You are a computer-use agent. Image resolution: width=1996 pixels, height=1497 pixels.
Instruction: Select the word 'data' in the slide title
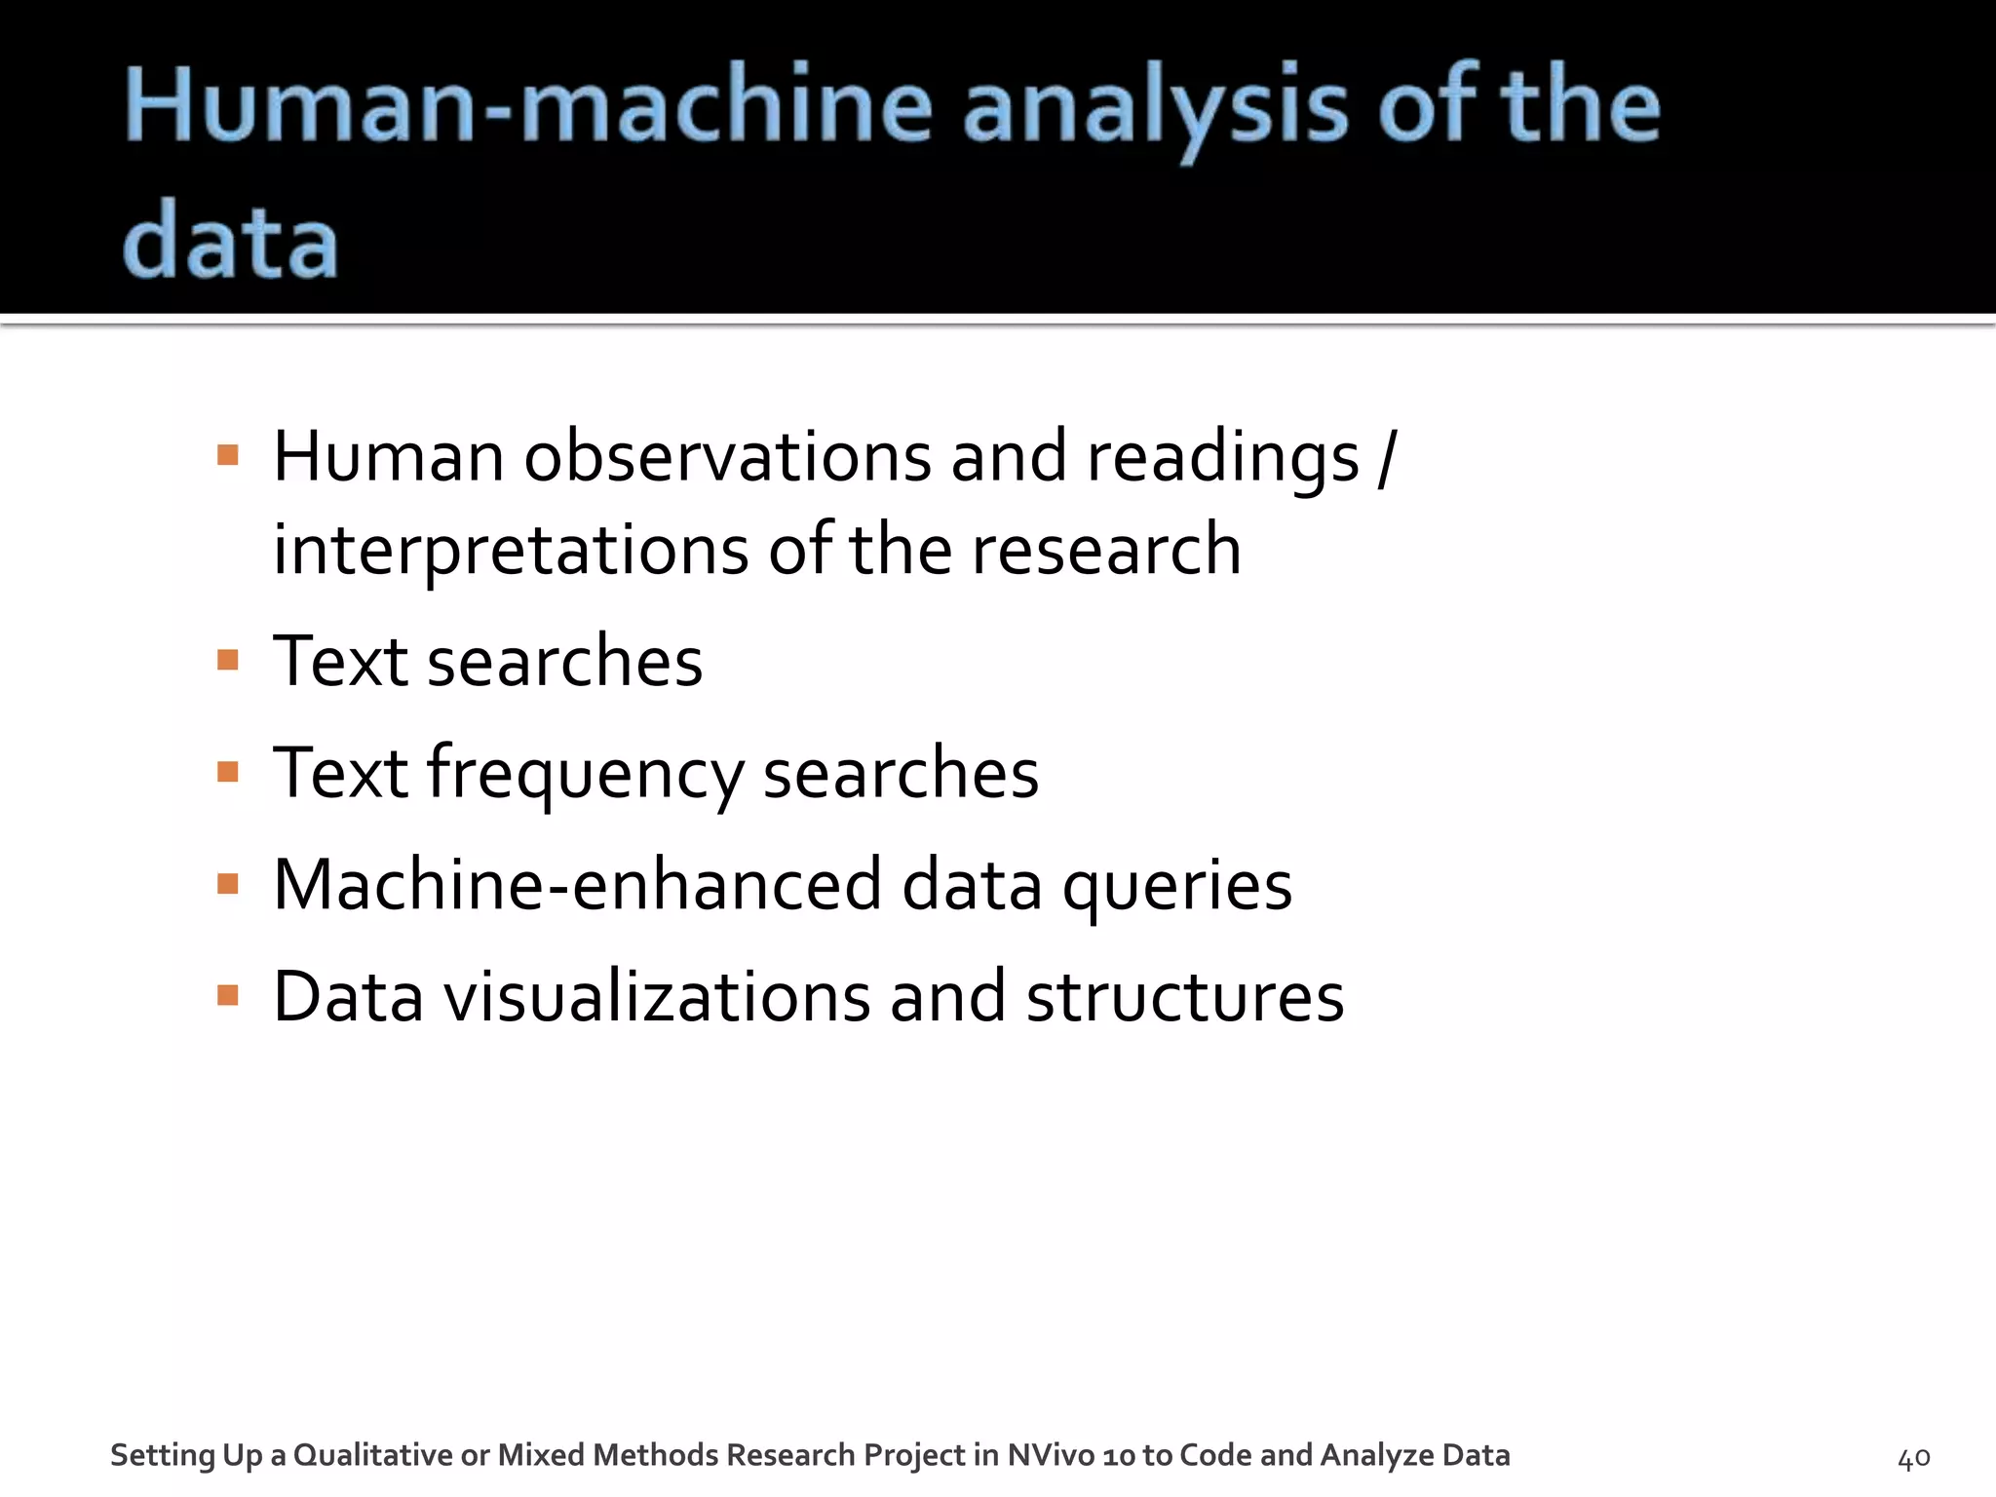[x=231, y=241]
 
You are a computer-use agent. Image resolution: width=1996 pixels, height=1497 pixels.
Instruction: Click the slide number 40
[x=1913, y=1458]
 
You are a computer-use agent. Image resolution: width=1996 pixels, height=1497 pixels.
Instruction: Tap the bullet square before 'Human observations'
[x=228, y=455]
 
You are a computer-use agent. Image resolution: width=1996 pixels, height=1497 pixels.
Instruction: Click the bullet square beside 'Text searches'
[x=228, y=661]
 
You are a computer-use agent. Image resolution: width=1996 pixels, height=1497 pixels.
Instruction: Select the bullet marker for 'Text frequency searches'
[x=228, y=773]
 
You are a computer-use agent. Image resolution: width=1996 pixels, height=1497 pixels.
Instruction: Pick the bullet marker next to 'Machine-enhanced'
[x=228, y=884]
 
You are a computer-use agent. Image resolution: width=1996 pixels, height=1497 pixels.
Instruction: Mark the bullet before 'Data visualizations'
[x=228, y=995]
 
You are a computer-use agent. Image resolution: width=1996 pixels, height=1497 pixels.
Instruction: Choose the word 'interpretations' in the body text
[x=510, y=551]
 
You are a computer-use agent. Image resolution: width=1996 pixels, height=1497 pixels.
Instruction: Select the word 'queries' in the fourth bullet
[x=1176, y=887]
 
